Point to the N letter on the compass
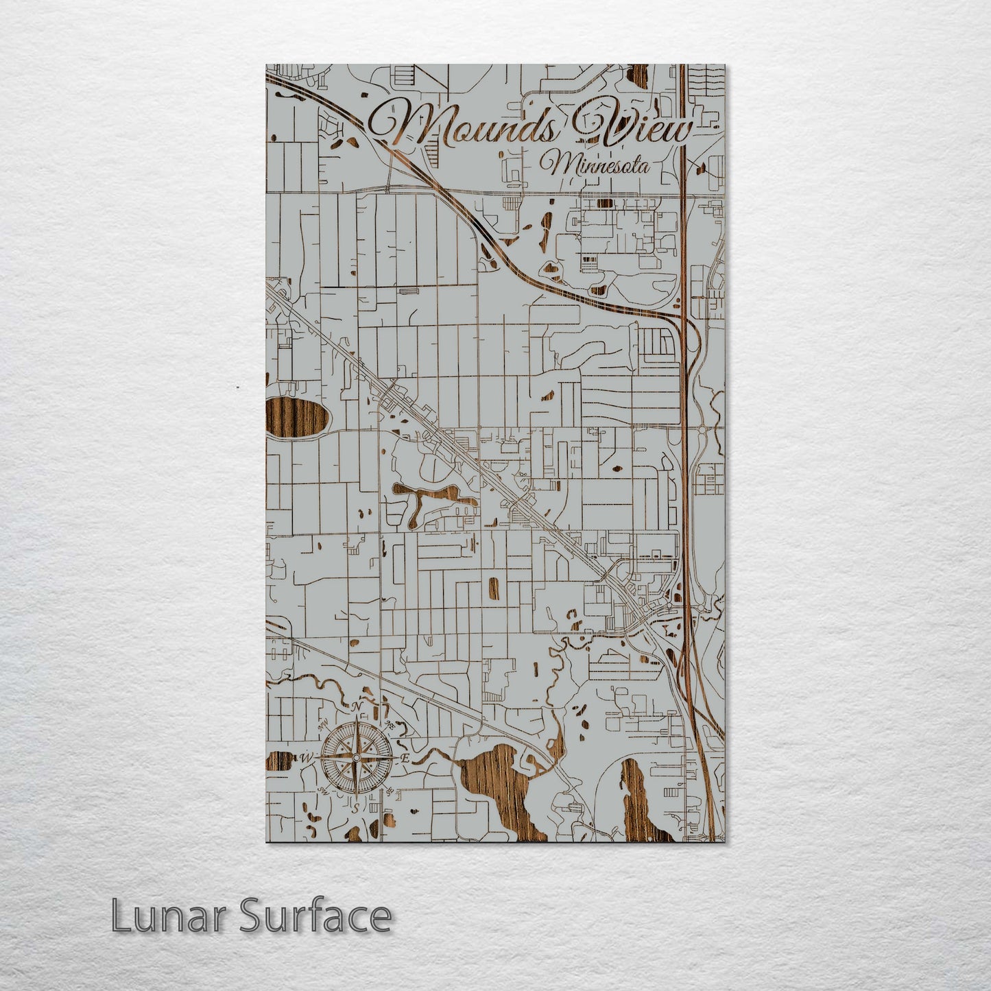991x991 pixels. point(356,708)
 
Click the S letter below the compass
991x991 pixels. point(355,807)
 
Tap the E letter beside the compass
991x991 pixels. point(405,758)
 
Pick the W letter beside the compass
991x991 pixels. point(305,758)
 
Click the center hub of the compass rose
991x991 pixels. point(356,757)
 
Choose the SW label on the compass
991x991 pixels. point(322,790)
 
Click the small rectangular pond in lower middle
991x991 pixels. point(493,587)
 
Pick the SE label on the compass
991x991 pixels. point(389,791)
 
